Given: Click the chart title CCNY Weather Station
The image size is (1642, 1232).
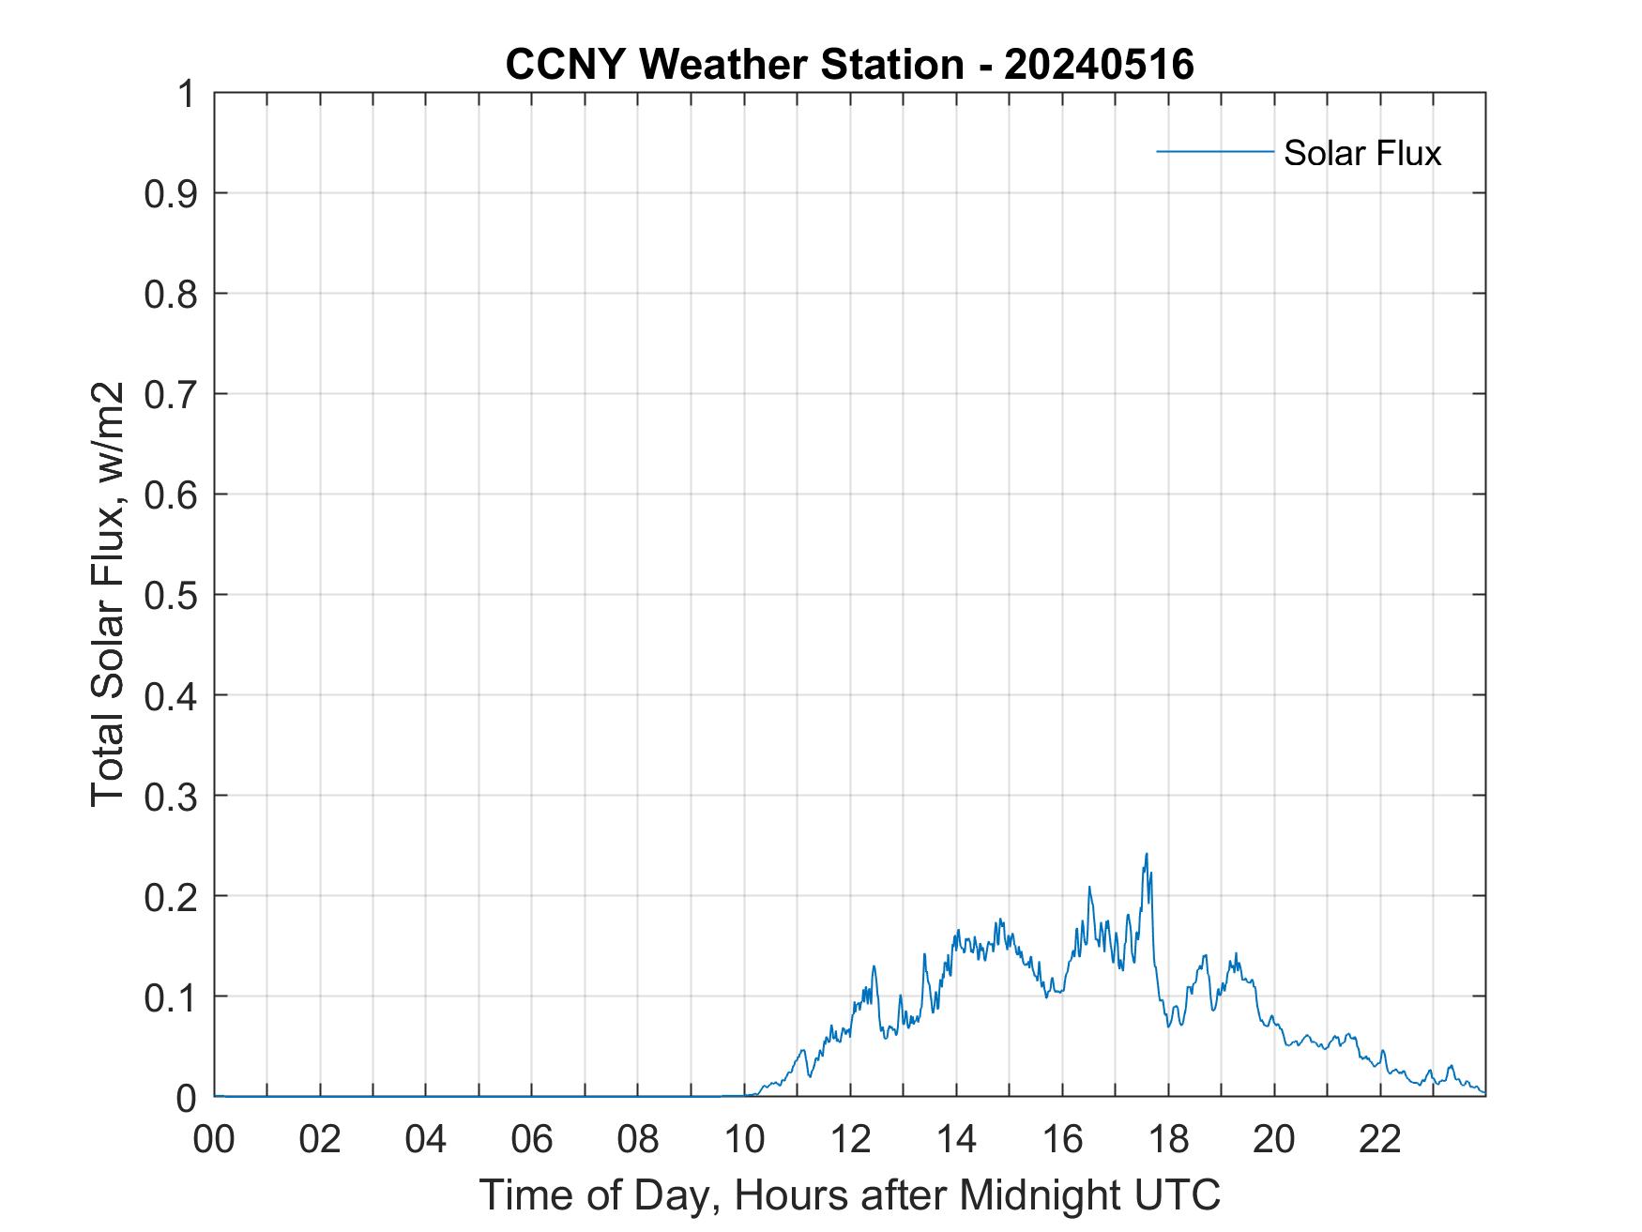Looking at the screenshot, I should point(734,65).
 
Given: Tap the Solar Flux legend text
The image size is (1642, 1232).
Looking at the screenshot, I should point(1361,153).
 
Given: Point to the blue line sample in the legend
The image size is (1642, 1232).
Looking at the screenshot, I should point(1214,151).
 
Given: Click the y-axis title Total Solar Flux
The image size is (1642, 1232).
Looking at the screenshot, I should point(108,594).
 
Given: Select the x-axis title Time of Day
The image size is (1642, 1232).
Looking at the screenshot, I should point(849,1194).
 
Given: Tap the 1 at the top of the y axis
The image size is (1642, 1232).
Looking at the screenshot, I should point(188,94).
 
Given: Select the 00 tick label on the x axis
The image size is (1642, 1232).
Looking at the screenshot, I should point(214,1139).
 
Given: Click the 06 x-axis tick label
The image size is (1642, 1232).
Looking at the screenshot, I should point(532,1139).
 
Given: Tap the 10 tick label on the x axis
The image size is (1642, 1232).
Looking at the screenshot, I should point(744,1139).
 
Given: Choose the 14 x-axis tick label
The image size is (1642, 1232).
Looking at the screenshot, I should point(956,1139).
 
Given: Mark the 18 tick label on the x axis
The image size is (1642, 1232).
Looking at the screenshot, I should point(1168,1139).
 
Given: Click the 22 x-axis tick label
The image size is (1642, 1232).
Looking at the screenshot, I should point(1380,1139).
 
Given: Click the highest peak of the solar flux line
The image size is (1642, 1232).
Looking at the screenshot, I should point(1147,855).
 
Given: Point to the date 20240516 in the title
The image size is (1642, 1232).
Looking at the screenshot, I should point(1099,65).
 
